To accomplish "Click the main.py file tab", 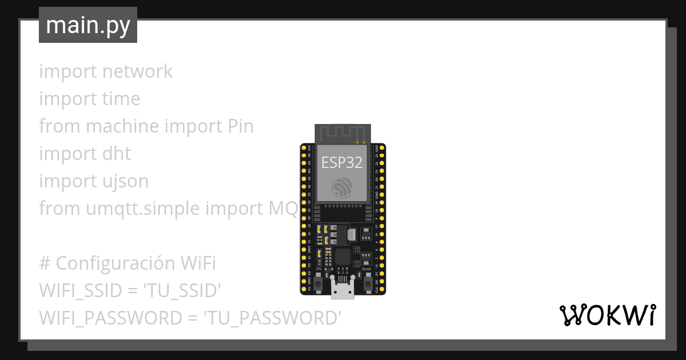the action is (x=88, y=26).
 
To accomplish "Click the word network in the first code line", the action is (x=137, y=71).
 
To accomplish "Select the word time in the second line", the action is (x=121, y=99).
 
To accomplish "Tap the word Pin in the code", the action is (x=240, y=126).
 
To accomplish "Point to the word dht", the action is (x=117, y=154).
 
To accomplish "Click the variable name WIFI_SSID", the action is (x=81, y=291).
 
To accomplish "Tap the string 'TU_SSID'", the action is (x=181, y=291).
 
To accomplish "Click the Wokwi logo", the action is (x=607, y=315).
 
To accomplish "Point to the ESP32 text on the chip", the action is (x=342, y=163).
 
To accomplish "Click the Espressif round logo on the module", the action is (x=342, y=187).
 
